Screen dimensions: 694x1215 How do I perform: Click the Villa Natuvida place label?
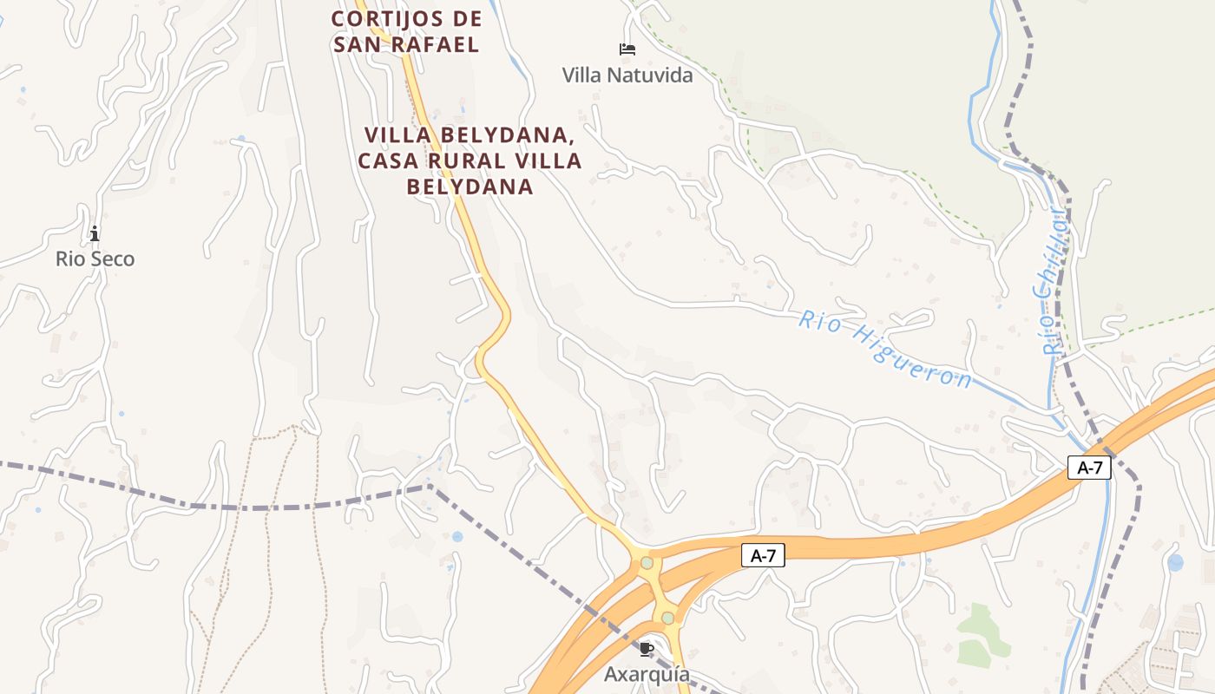click(627, 75)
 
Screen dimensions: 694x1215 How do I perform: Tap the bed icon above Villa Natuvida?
click(627, 49)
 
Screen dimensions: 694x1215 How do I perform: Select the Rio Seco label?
click(95, 259)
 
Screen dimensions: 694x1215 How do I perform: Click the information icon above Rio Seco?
click(95, 233)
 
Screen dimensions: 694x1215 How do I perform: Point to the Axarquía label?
click(647, 674)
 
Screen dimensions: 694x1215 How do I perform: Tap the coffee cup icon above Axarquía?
click(646, 649)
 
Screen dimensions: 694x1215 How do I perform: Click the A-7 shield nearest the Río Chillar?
click(1089, 468)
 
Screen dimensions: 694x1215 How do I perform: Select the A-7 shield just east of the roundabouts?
click(763, 556)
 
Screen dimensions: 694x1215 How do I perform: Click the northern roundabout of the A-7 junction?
click(647, 563)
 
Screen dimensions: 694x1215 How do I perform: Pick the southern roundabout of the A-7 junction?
click(667, 618)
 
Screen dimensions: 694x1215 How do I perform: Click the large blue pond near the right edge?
click(1175, 562)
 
